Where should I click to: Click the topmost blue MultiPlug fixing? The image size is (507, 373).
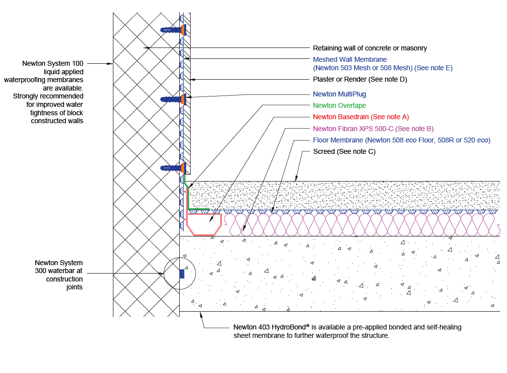pos(173,30)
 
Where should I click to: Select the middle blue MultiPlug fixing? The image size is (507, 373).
pos(173,99)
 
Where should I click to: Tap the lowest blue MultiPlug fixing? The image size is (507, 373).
pos(173,168)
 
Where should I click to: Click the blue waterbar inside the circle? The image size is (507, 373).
pos(182,273)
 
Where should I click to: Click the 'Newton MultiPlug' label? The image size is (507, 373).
pos(339,94)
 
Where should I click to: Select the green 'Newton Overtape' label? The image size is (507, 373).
pos(339,105)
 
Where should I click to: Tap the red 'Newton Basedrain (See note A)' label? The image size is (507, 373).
pos(361,117)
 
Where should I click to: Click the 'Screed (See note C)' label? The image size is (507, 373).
pos(344,152)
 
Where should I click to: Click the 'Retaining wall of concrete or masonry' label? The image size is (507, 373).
pos(370,48)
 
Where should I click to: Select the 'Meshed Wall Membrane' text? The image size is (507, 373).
pos(350,60)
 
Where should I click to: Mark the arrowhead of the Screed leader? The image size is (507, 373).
pos(296,180)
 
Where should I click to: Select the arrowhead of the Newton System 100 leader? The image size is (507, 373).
pos(111,63)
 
